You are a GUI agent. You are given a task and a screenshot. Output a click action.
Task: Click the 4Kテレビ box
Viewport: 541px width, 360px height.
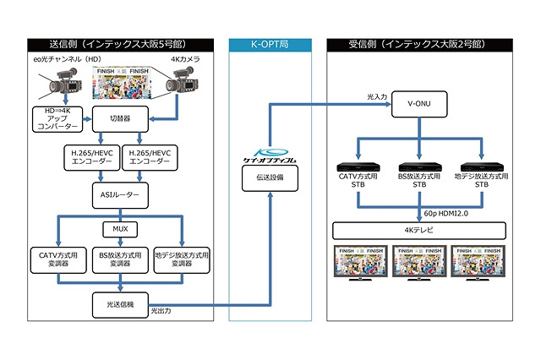pyautogui.click(x=420, y=230)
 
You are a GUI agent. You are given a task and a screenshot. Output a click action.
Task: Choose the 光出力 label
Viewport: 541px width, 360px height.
pyautogui.click(x=163, y=313)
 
